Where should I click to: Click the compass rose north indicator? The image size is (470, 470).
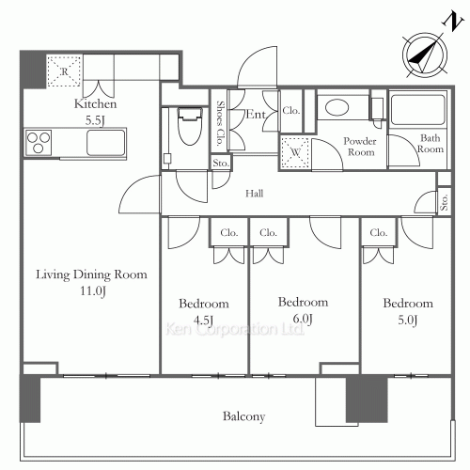coord(425,55)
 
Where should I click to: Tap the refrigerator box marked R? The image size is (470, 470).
coord(64,71)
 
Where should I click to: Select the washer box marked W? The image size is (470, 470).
coord(295,152)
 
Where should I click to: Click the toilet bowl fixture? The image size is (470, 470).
coord(190,126)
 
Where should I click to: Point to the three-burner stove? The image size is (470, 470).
coord(39,143)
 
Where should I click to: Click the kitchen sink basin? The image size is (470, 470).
coord(105,143)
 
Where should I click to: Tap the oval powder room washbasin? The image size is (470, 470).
coord(337,107)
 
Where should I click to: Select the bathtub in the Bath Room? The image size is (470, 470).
coord(418,109)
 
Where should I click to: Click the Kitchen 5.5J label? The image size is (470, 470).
coord(95,112)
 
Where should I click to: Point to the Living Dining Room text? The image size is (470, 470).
coord(91,274)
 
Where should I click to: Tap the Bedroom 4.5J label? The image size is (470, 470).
coord(204,312)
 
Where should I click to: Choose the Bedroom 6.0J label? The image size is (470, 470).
coord(303,310)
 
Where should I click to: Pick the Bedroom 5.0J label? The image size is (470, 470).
coord(408,311)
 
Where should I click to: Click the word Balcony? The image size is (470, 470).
coord(244,416)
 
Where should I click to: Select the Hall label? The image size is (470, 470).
coord(254,194)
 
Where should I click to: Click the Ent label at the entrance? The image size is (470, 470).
coord(256,114)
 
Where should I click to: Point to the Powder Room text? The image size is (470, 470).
coord(360,147)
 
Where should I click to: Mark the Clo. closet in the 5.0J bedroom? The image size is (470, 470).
coord(379,232)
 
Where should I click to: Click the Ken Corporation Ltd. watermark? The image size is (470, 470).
coord(235,329)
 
